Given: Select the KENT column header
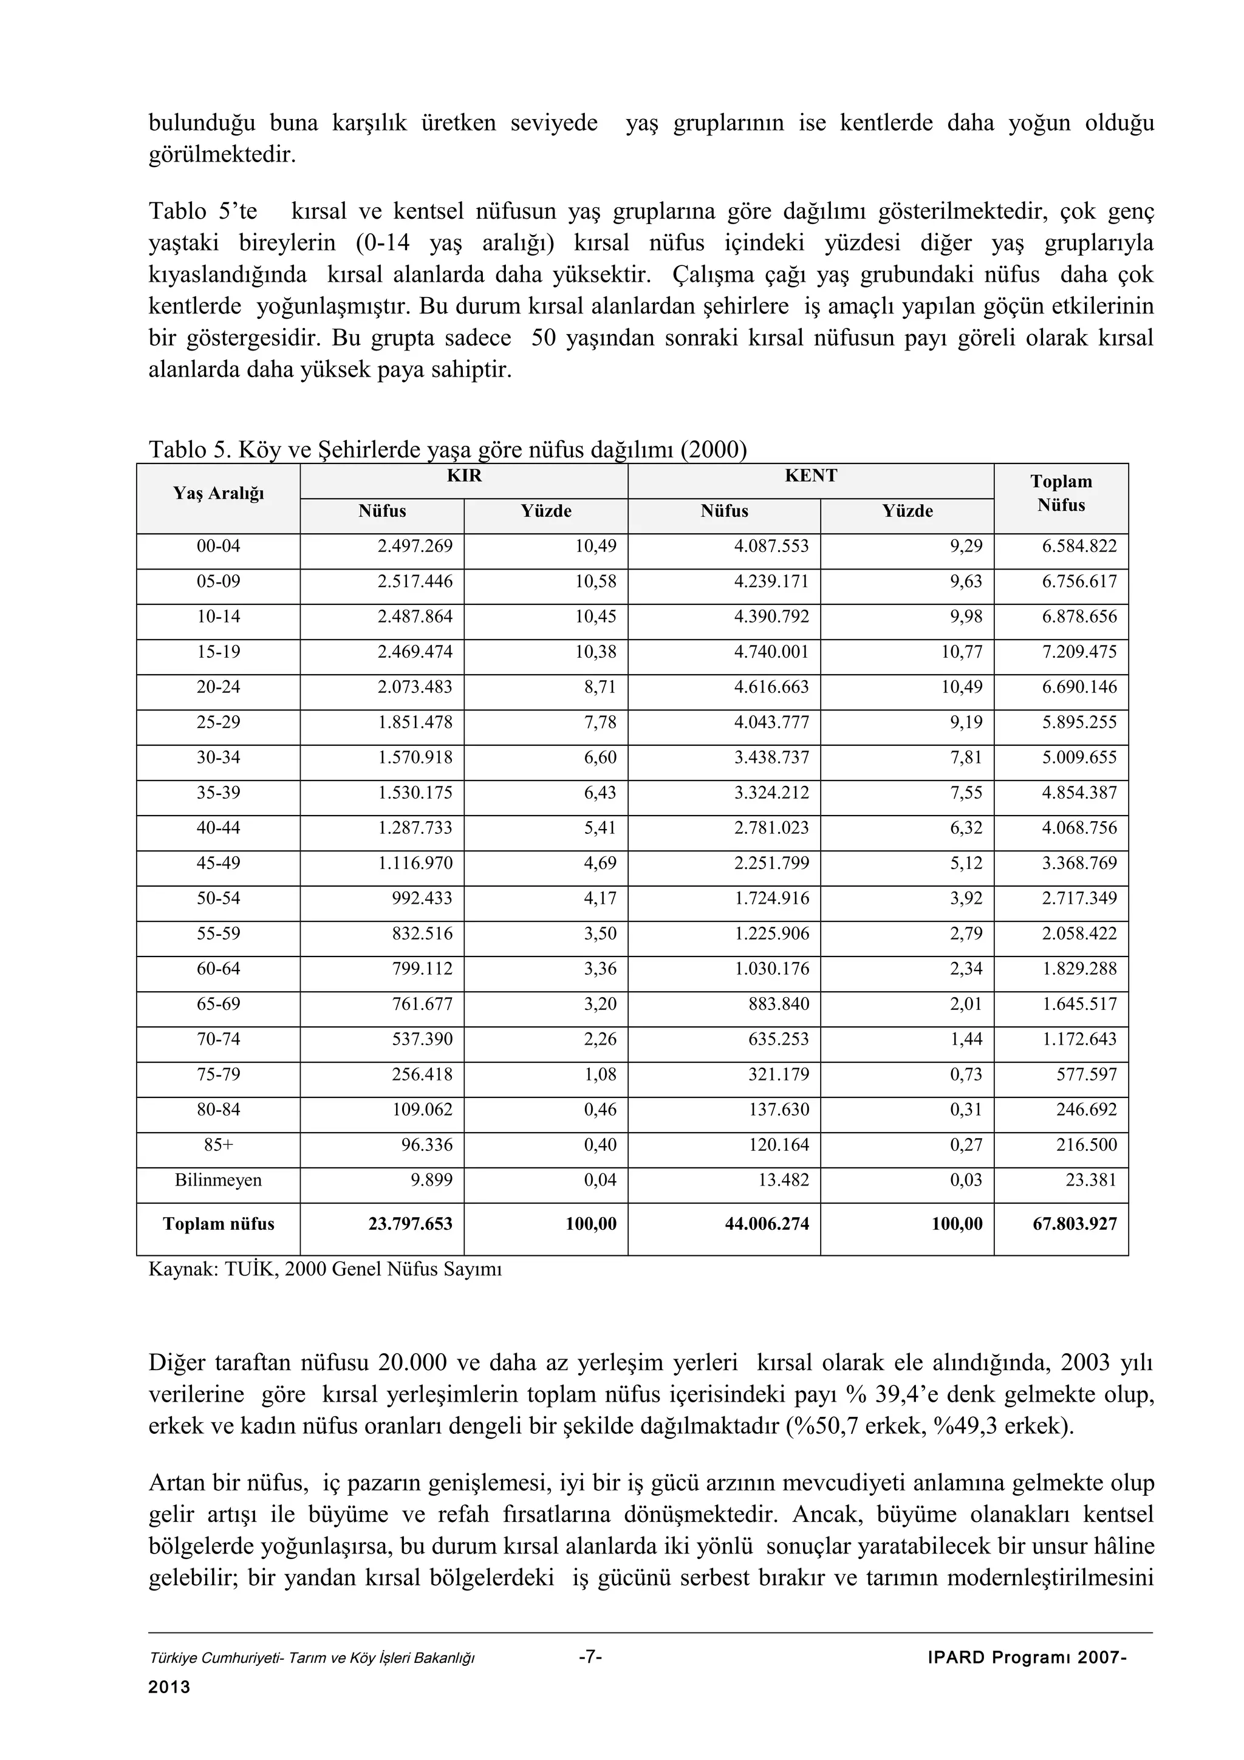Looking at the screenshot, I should (810, 476).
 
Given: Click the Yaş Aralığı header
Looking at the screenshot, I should (219, 494).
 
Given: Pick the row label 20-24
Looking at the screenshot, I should (219, 687).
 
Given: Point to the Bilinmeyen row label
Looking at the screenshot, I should (219, 1181).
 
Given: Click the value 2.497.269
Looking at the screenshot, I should (415, 547).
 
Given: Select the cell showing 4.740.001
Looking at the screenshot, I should (771, 652).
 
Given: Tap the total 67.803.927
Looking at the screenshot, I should (1075, 1224).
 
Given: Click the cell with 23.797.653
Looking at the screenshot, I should (410, 1224).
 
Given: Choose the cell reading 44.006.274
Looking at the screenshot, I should (767, 1224).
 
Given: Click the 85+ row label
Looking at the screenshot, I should (219, 1145).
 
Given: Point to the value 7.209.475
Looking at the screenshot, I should (1079, 652).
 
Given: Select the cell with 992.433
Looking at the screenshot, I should (422, 898).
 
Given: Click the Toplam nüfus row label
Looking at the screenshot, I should (219, 1224).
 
